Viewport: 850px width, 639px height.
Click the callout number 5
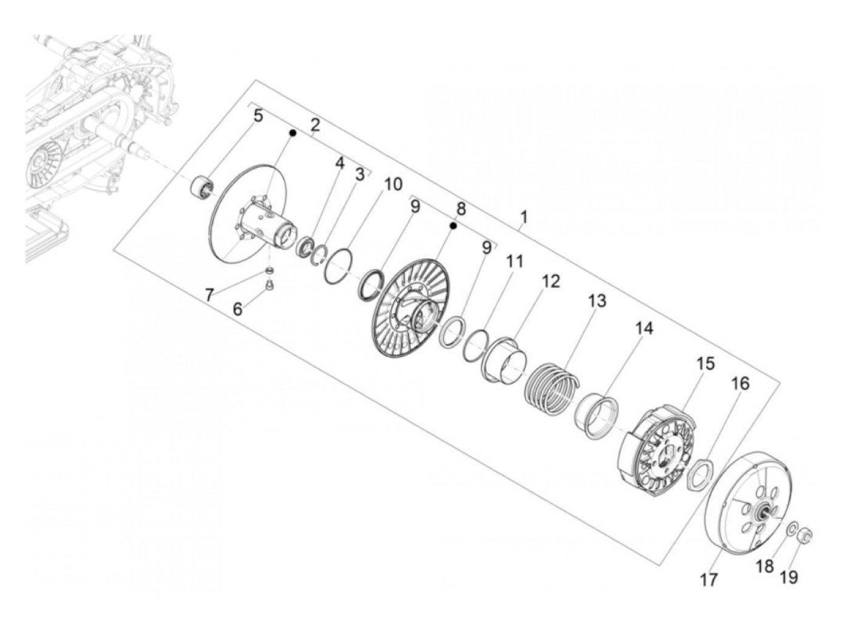pos(258,115)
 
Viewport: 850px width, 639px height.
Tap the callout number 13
pos(597,300)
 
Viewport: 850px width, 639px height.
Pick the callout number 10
pos(393,184)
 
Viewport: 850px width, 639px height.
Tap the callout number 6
pos(237,309)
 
